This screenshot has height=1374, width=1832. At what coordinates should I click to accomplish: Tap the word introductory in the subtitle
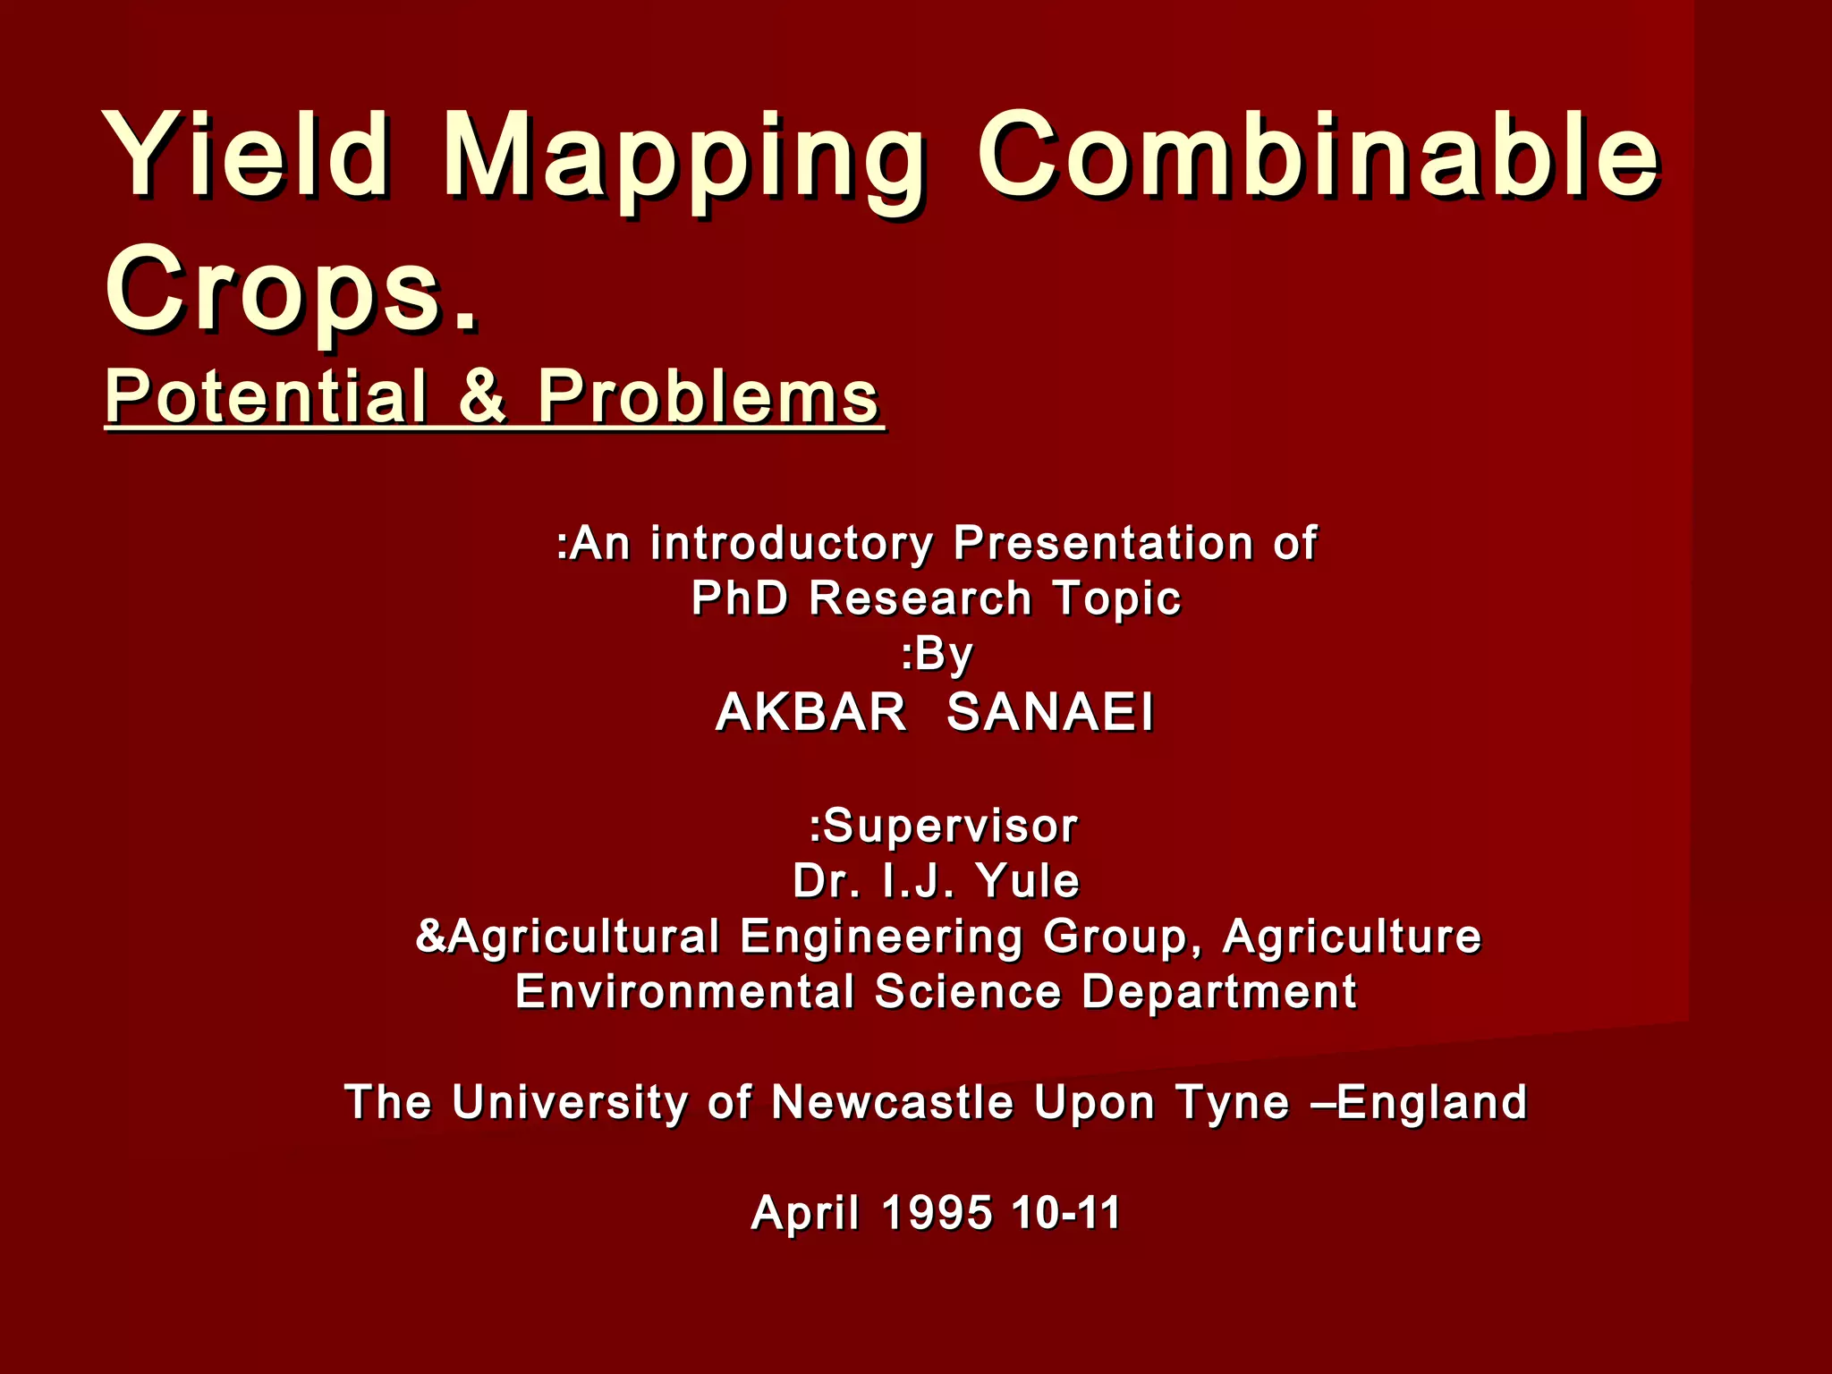(792, 543)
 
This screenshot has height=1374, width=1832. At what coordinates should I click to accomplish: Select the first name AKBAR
(810, 713)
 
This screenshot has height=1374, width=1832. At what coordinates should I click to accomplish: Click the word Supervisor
(950, 826)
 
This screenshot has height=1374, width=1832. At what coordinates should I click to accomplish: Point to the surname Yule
(1028, 880)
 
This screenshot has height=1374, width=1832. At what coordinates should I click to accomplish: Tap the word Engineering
(881, 937)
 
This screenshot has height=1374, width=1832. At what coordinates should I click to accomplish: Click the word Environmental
(684, 991)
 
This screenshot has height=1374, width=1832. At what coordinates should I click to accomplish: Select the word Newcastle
(892, 1102)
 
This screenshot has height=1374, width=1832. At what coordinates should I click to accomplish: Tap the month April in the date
(805, 1213)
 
